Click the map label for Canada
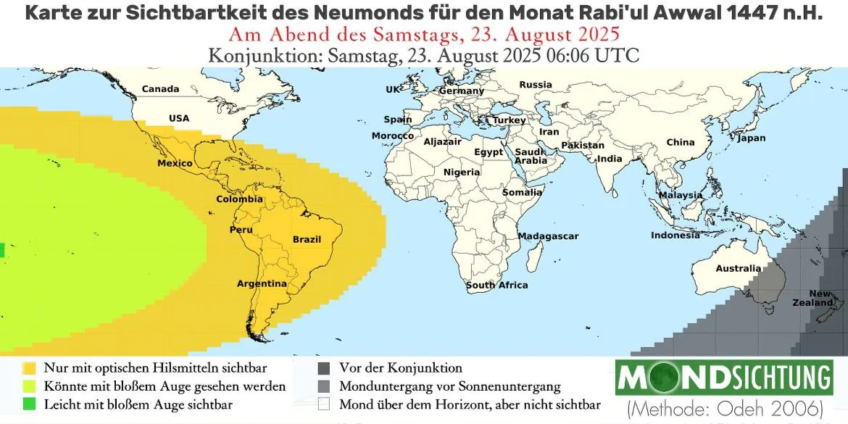click(160, 89)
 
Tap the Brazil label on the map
click(307, 239)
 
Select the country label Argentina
click(262, 283)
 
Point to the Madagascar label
click(548, 236)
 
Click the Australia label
click(739, 268)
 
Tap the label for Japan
click(751, 138)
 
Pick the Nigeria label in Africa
click(462, 172)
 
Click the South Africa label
click(496, 285)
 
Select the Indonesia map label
click(676, 235)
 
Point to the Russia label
click(536, 85)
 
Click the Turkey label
click(510, 120)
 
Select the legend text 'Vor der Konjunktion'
click(400, 368)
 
